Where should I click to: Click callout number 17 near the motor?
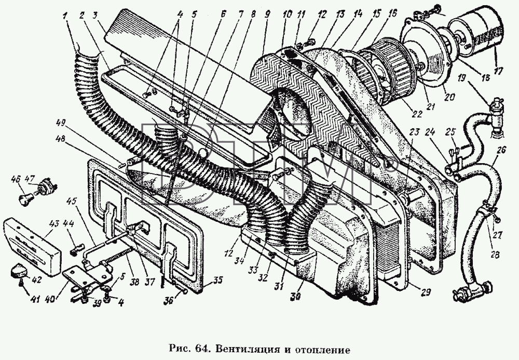497,71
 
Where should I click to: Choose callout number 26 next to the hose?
501,151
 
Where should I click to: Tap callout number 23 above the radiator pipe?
414,132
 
